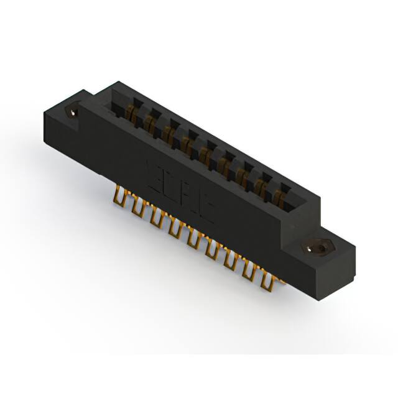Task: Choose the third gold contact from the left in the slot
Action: pos(169,132)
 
